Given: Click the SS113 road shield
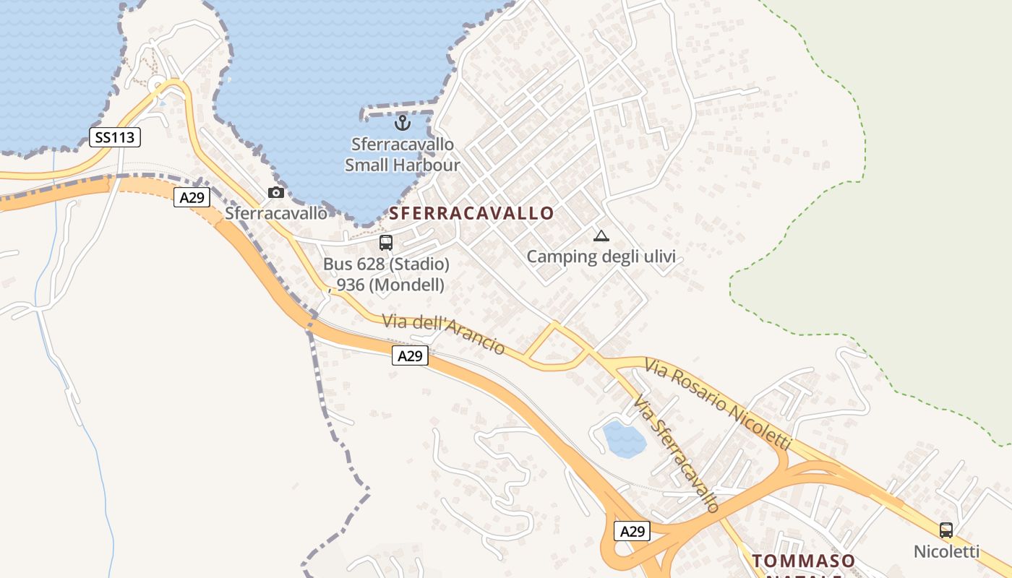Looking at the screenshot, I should tap(115, 137).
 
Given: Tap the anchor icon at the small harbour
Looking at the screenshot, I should tap(403, 122).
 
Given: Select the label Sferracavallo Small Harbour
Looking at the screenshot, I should tap(402, 155).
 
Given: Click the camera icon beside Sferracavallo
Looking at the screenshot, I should tap(275, 192).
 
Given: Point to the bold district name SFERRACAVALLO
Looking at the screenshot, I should tap(472, 213).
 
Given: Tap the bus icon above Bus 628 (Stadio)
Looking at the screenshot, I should tap(386, 242).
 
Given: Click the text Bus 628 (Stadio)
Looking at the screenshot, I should tap(386, 264).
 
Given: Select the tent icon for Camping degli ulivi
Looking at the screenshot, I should tap(601, 236).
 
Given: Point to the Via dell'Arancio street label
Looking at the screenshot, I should tap(443, 334).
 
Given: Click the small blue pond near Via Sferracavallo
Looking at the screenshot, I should tap(624, 439).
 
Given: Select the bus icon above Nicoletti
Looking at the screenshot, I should tap(945, 530).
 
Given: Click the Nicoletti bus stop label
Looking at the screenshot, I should tap(946, 552).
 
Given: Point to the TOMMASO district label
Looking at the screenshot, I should tap(803, 561).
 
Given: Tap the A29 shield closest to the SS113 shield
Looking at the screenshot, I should tap(192, 197).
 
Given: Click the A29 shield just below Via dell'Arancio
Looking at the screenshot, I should tap(410, 355).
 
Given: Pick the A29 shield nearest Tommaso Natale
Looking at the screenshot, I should tap(632, 531).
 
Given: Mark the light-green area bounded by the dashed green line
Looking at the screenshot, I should tap(904, 217).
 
